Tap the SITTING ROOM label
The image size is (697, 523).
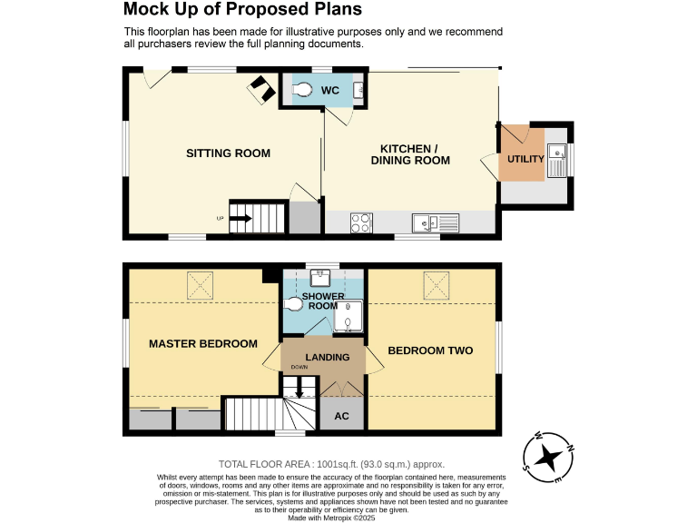click(228, 153)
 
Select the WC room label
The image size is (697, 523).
click(329, 91)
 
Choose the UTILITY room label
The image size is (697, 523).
click(525, 160)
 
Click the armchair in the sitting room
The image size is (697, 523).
click(262, 87)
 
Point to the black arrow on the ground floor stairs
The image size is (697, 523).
click(241, 218)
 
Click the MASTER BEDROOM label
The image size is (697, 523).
click(203, 344)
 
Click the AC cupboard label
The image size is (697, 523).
click(342, 417)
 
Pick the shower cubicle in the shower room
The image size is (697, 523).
click(349, 321)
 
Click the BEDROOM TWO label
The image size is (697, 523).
click(430, 350)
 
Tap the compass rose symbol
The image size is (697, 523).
click(548, 455)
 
